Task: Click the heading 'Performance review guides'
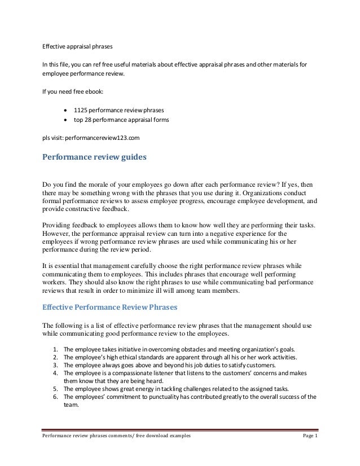94,157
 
